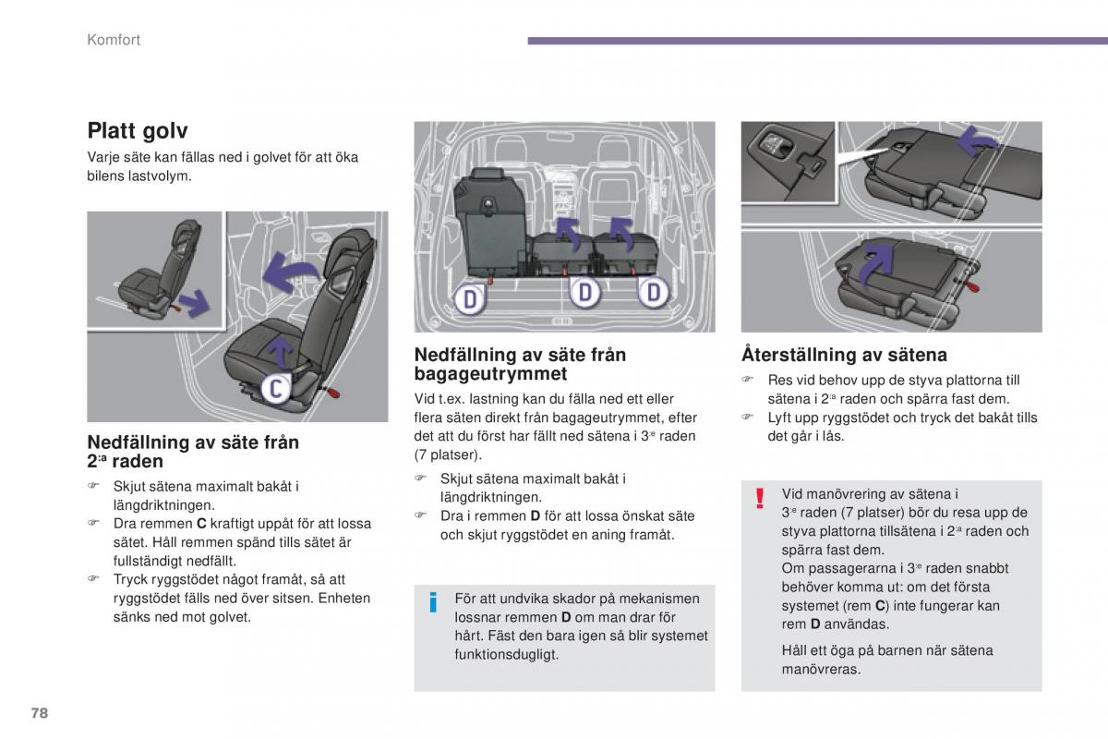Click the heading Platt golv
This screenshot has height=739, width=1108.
[138, 131]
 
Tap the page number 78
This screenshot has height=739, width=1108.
[39, 713]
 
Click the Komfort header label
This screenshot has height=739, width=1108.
[114, 40]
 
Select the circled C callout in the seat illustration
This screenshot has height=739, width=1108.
[273, 389]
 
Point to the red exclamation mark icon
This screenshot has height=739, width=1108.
[760, 499]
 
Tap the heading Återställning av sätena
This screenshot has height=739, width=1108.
[844, 355]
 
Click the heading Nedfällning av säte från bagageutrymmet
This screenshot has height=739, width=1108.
[520, 364]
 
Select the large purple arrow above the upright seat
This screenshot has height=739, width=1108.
[290, 272]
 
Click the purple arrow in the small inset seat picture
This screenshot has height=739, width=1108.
[194, 300]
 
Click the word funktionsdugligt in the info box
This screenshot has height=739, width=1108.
[507, 654]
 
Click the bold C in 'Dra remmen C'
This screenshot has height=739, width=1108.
[202, 524]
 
